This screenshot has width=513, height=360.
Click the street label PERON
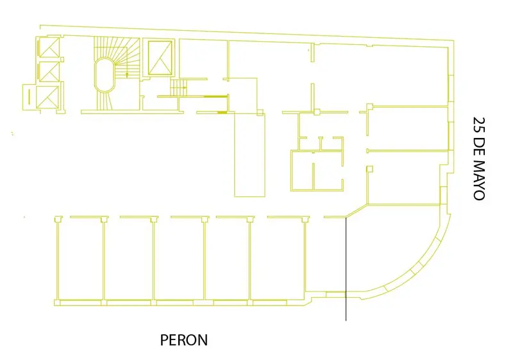pos(184,340)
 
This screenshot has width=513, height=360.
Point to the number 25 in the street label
pos(479,124)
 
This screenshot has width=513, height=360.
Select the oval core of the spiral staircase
pos(105,74)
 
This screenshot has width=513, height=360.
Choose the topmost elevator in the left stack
pos(49,47)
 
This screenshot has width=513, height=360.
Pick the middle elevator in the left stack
pos(49,71)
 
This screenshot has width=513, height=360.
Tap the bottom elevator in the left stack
pos(47,97)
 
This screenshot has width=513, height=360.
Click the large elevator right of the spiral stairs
pos(160,58)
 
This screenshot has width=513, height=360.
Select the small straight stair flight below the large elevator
pos(178,88)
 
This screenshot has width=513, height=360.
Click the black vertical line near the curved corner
pos(346,269)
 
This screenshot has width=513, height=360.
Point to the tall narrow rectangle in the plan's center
pos(249,154)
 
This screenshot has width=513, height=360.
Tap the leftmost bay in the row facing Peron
pos(81,259)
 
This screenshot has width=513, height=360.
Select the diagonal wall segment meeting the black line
pos(357,211)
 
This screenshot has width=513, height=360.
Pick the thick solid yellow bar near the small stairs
pos(215,96)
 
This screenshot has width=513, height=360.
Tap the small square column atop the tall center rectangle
pos(260,112)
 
